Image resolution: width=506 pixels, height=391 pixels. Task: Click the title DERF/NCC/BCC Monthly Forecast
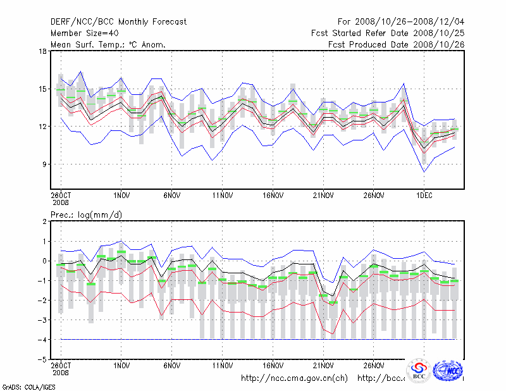(x=118, y=22)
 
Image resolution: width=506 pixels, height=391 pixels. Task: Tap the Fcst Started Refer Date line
(x=388, y=34)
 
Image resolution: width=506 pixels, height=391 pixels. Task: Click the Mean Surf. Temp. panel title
(x=108, y=45)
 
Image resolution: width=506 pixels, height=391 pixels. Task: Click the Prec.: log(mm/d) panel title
(x=87, y=215)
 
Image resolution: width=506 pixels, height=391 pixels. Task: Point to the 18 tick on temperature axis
(x=43, y=51)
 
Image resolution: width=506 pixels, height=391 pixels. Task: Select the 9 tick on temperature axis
(x=45, y=164)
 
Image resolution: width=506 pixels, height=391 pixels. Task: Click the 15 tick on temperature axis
(x=43, y=89)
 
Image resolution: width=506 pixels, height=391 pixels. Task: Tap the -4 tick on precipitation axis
(x=42, y=339)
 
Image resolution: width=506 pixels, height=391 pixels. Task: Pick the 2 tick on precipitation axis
(x=45, y=221)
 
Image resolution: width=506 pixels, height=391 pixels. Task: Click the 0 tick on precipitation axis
(x=45, y=261)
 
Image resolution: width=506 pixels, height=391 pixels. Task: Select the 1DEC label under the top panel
(x=423, y=196)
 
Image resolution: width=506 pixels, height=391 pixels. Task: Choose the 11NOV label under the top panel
(x=222, y=196)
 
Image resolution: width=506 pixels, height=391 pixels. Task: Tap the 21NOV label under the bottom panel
(x=323, y=366)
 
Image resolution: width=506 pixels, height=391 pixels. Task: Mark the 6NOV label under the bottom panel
(x=171, y=366)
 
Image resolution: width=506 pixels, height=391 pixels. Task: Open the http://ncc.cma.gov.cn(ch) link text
(x=294, y=378)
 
